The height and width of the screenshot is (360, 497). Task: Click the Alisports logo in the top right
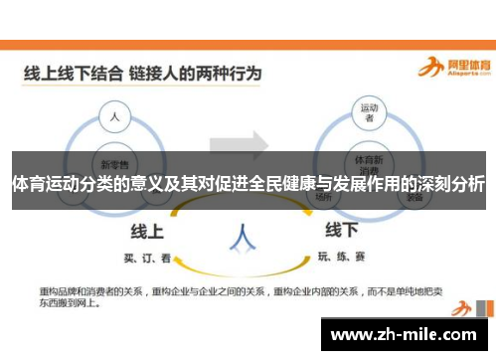451,68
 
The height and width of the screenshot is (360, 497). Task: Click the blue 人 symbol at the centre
242,236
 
